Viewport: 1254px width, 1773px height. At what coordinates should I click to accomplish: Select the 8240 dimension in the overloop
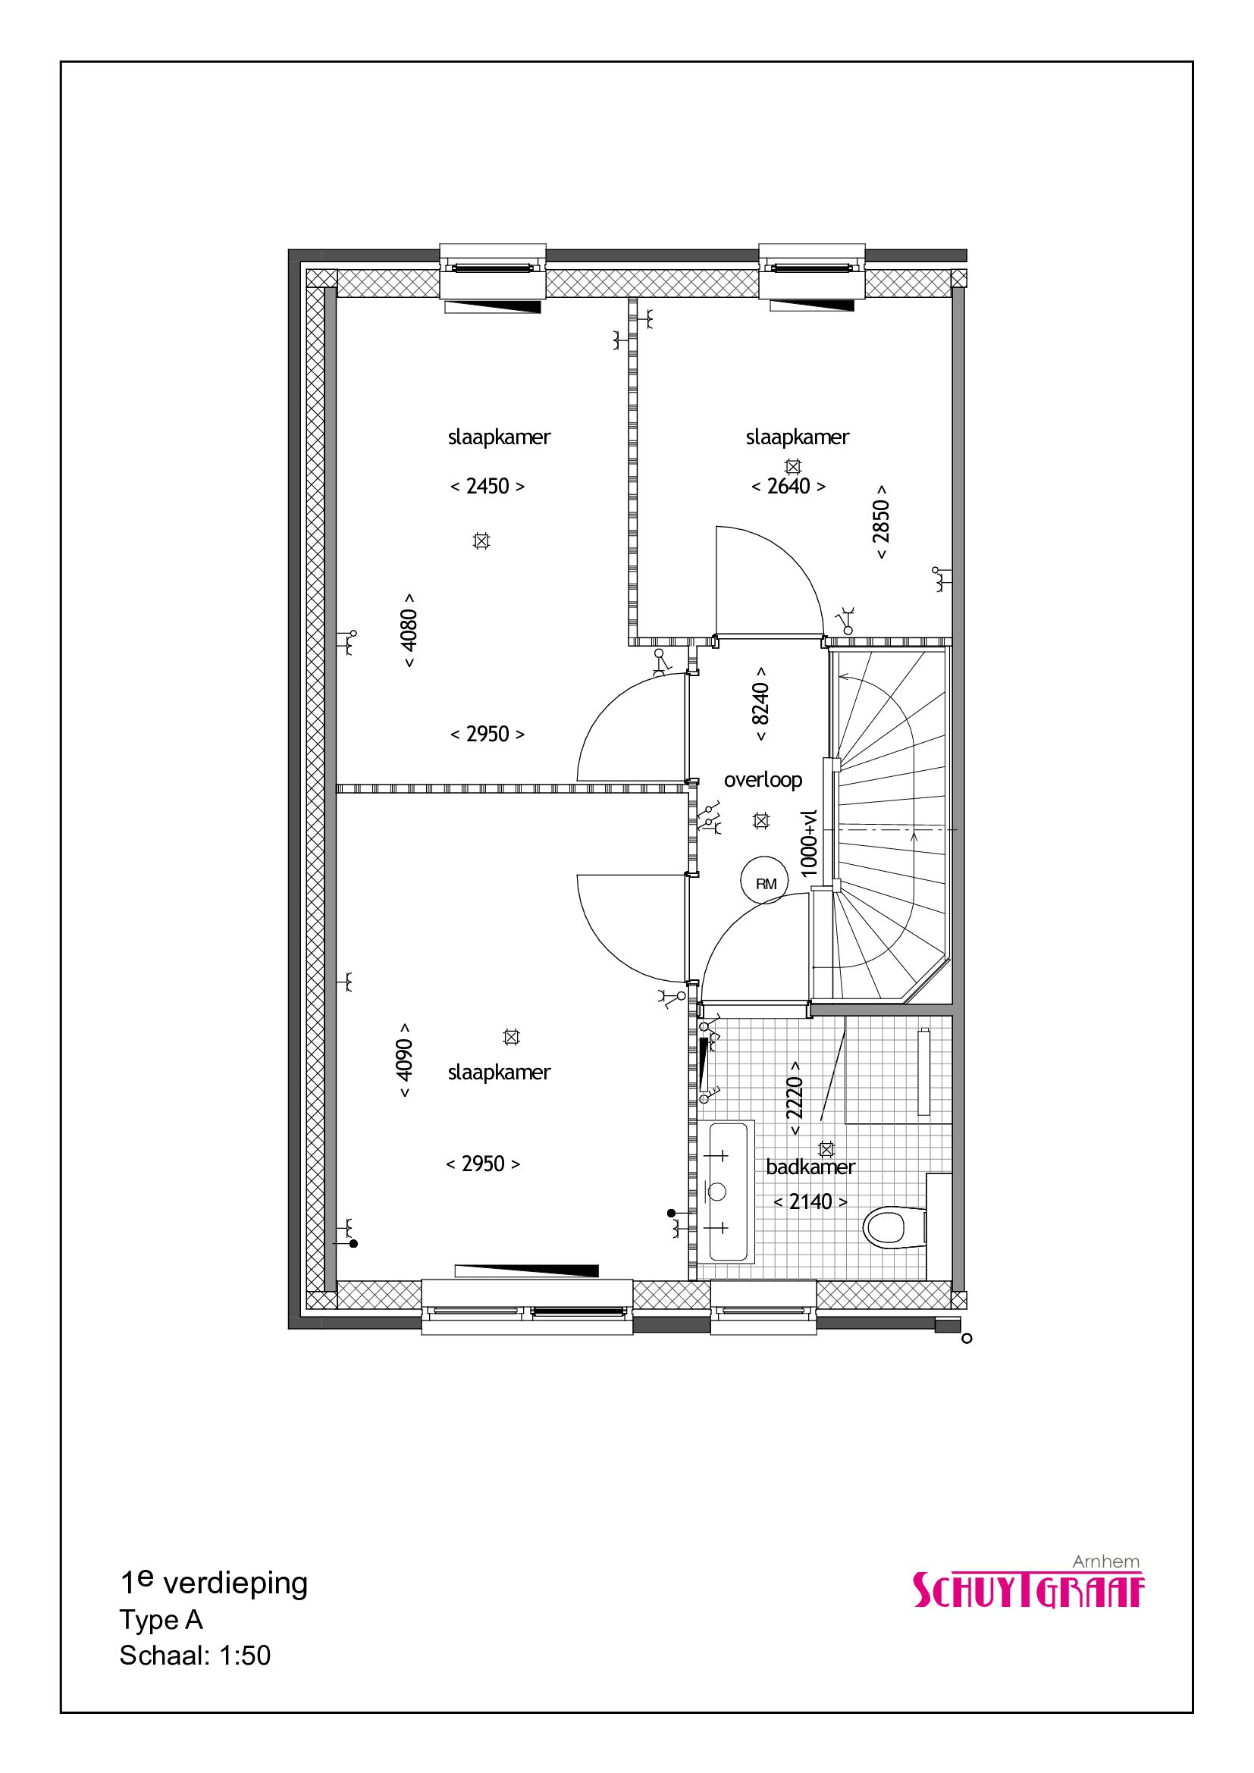coord(760,703)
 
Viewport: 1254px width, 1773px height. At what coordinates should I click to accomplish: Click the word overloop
coord(763,780)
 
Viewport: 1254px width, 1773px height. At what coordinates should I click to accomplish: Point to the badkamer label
coord(810,1167)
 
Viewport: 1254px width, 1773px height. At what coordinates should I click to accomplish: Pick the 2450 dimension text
coord(487,487)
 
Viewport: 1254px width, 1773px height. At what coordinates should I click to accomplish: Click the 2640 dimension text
coord(788,487)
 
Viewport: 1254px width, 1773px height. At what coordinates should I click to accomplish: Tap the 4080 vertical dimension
coord(409,630)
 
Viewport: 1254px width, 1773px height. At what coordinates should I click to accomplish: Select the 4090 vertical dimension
coord(404,1060)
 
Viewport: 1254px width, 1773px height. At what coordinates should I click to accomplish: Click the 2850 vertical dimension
coord(881,522)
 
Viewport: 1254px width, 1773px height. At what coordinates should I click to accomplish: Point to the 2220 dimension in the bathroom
coord(795,1098)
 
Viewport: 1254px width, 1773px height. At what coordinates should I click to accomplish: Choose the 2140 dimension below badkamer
coord(810,1202)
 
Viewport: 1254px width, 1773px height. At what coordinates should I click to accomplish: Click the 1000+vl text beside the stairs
coord(808,843)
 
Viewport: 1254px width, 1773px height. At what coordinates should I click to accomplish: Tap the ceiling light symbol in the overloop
coord(761,821)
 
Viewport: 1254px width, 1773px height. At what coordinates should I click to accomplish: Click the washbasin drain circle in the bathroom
coord(716,1192)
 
